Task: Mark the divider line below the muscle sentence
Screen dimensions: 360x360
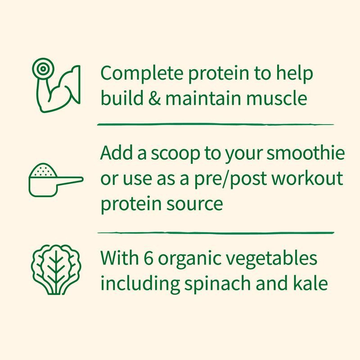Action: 216,124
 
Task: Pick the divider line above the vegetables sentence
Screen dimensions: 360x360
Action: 216,233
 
